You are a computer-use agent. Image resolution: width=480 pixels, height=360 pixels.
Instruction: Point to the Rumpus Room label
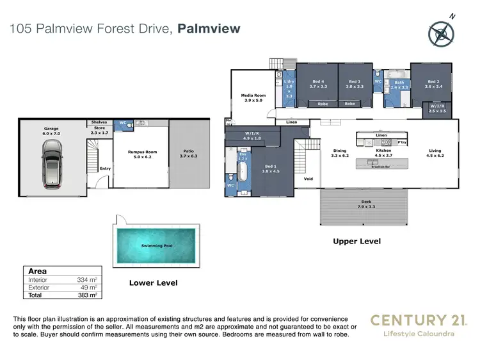pos(147,154)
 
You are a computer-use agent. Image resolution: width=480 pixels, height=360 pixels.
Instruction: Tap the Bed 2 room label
pos(433,84)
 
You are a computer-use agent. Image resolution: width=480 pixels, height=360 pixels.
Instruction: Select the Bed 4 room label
pos(318,84)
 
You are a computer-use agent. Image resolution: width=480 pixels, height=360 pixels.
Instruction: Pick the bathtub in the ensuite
pos(243,173)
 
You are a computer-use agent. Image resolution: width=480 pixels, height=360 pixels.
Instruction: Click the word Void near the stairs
pos(308,179)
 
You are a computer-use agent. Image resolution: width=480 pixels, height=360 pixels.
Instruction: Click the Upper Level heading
pos(356,241)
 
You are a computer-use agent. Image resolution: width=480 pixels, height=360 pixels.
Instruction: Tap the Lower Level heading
pos(153,282)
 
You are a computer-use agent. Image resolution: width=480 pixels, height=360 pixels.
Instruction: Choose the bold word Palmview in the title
pos(209,28)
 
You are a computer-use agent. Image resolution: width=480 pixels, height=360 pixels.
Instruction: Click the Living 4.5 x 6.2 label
pos(435,154)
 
